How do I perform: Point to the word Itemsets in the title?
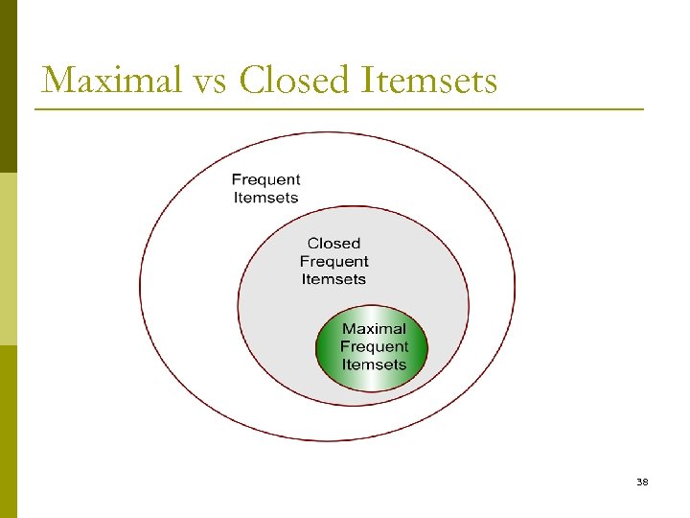431,80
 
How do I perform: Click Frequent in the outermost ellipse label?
265,179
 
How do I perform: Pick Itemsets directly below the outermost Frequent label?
265,198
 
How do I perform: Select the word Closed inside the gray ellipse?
333,244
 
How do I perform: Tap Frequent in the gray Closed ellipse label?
333,261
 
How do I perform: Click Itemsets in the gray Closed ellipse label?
333,279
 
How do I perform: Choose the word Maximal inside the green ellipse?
374,329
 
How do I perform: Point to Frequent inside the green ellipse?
374,346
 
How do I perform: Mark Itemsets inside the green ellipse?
374,365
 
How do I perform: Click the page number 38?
642,482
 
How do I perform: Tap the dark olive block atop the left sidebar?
8,86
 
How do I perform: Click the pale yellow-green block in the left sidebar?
8,259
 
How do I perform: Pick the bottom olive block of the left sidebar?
8,432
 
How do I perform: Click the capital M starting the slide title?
58,80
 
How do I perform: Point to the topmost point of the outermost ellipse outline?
327,132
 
